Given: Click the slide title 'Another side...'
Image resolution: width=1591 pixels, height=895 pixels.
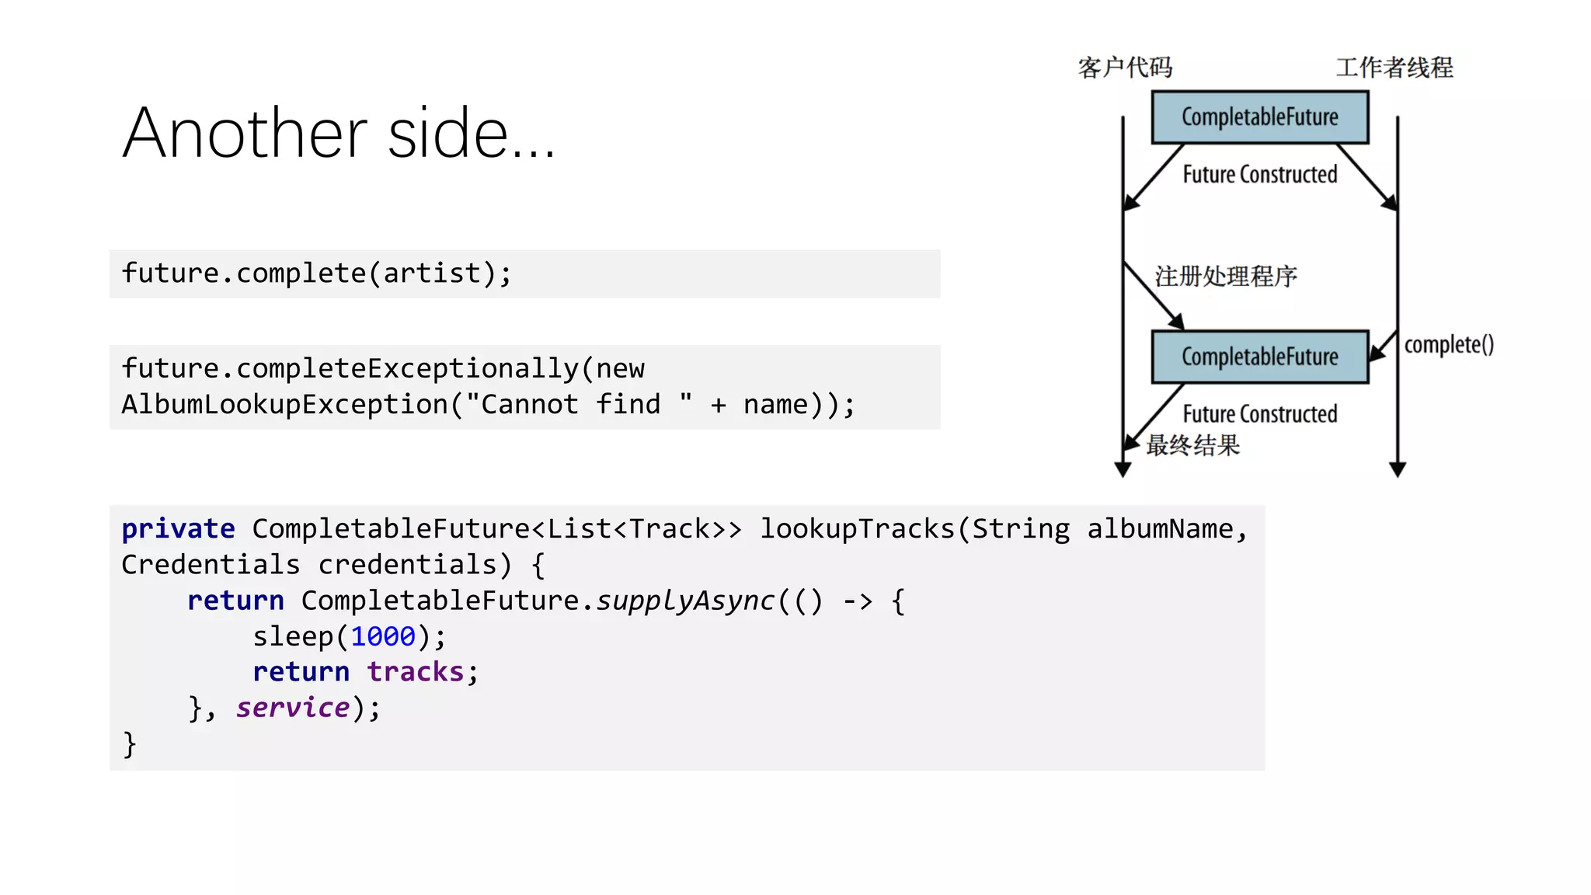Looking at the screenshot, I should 339,134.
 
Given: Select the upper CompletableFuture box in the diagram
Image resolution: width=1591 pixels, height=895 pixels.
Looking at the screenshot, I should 1259,117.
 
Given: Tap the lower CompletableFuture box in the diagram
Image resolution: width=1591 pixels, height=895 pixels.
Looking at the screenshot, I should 1259,357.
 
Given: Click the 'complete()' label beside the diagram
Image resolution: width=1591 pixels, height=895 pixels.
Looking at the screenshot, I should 1449,344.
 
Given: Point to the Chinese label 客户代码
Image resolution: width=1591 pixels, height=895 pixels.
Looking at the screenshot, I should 1125,68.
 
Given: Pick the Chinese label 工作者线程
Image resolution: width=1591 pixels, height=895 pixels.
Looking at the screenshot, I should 1394,68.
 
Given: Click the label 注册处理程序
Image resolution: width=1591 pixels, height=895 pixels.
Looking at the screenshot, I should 1226,276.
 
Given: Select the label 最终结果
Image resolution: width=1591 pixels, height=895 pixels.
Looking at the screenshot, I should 1193,445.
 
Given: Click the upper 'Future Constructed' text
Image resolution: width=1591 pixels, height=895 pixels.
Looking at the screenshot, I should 1259,174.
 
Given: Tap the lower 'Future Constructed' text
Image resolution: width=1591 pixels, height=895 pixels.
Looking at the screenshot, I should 1259,413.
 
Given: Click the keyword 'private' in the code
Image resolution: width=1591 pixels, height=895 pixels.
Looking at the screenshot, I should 178,529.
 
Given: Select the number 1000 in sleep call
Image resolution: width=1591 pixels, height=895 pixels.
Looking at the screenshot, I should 383,636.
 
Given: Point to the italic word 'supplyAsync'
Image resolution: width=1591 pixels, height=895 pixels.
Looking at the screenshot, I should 685,601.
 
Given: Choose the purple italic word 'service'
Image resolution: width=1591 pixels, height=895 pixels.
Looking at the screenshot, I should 293,708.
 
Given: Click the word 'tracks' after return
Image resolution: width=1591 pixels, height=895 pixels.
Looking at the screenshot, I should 416,672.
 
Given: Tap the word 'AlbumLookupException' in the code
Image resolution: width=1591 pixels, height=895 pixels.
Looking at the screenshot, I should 285,405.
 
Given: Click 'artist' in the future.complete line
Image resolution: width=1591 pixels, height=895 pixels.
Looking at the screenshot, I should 432,273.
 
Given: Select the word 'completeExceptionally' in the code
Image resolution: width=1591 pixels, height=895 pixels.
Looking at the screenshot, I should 407,368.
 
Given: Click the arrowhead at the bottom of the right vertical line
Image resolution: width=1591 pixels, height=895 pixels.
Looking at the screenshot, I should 1398,469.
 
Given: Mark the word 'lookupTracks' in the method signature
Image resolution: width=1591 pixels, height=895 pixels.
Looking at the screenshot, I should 858,529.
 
